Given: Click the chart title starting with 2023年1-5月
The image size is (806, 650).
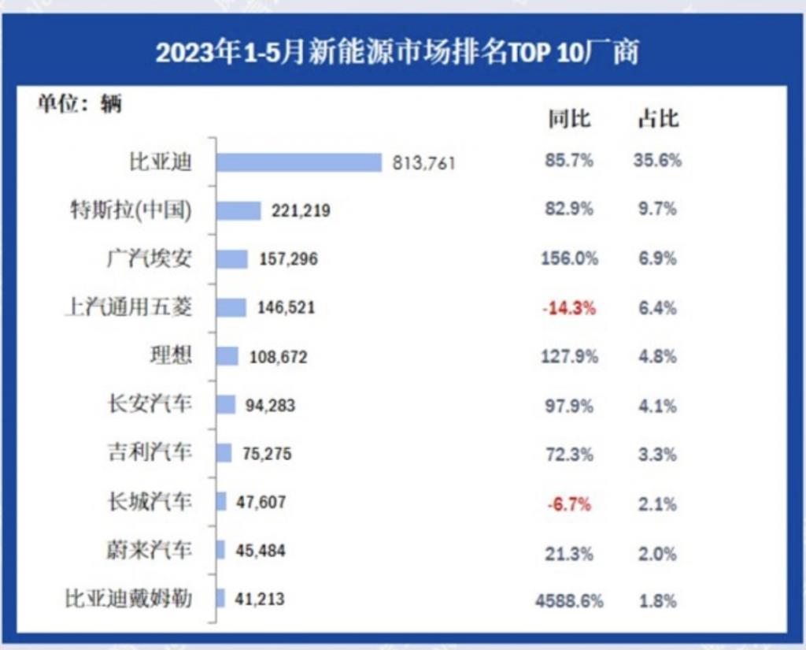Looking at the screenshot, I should [397, 53].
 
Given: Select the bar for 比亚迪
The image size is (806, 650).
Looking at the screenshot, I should [299, 162].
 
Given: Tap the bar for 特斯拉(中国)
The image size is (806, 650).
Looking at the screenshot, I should [238, 210].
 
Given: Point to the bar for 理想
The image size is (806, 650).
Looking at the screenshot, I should [227, 356].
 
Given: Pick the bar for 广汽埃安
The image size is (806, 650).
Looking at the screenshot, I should [232, 258].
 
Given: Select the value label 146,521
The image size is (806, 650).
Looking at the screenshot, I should [286, 307].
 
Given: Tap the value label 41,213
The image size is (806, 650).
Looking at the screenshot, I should [260, 599].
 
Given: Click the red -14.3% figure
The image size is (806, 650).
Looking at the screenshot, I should [568, 308].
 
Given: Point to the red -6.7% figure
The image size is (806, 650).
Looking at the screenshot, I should [568, 503].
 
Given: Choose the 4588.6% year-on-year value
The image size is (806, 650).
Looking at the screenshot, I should [568, 600].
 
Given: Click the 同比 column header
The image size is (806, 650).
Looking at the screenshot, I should [568, 120].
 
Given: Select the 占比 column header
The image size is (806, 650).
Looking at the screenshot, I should [657, 120].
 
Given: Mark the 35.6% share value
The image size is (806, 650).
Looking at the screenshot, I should [657, 162].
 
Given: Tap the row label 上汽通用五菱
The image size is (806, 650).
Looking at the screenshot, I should [128, 307].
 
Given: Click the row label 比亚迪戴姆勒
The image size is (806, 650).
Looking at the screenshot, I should [128, 599].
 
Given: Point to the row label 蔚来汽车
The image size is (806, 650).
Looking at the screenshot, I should [150, 550].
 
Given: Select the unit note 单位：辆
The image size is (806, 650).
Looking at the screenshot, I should [79, 104].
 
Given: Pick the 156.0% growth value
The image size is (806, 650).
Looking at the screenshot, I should [568, 258].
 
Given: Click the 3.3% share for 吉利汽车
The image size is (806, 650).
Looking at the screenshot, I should [657, 454].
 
